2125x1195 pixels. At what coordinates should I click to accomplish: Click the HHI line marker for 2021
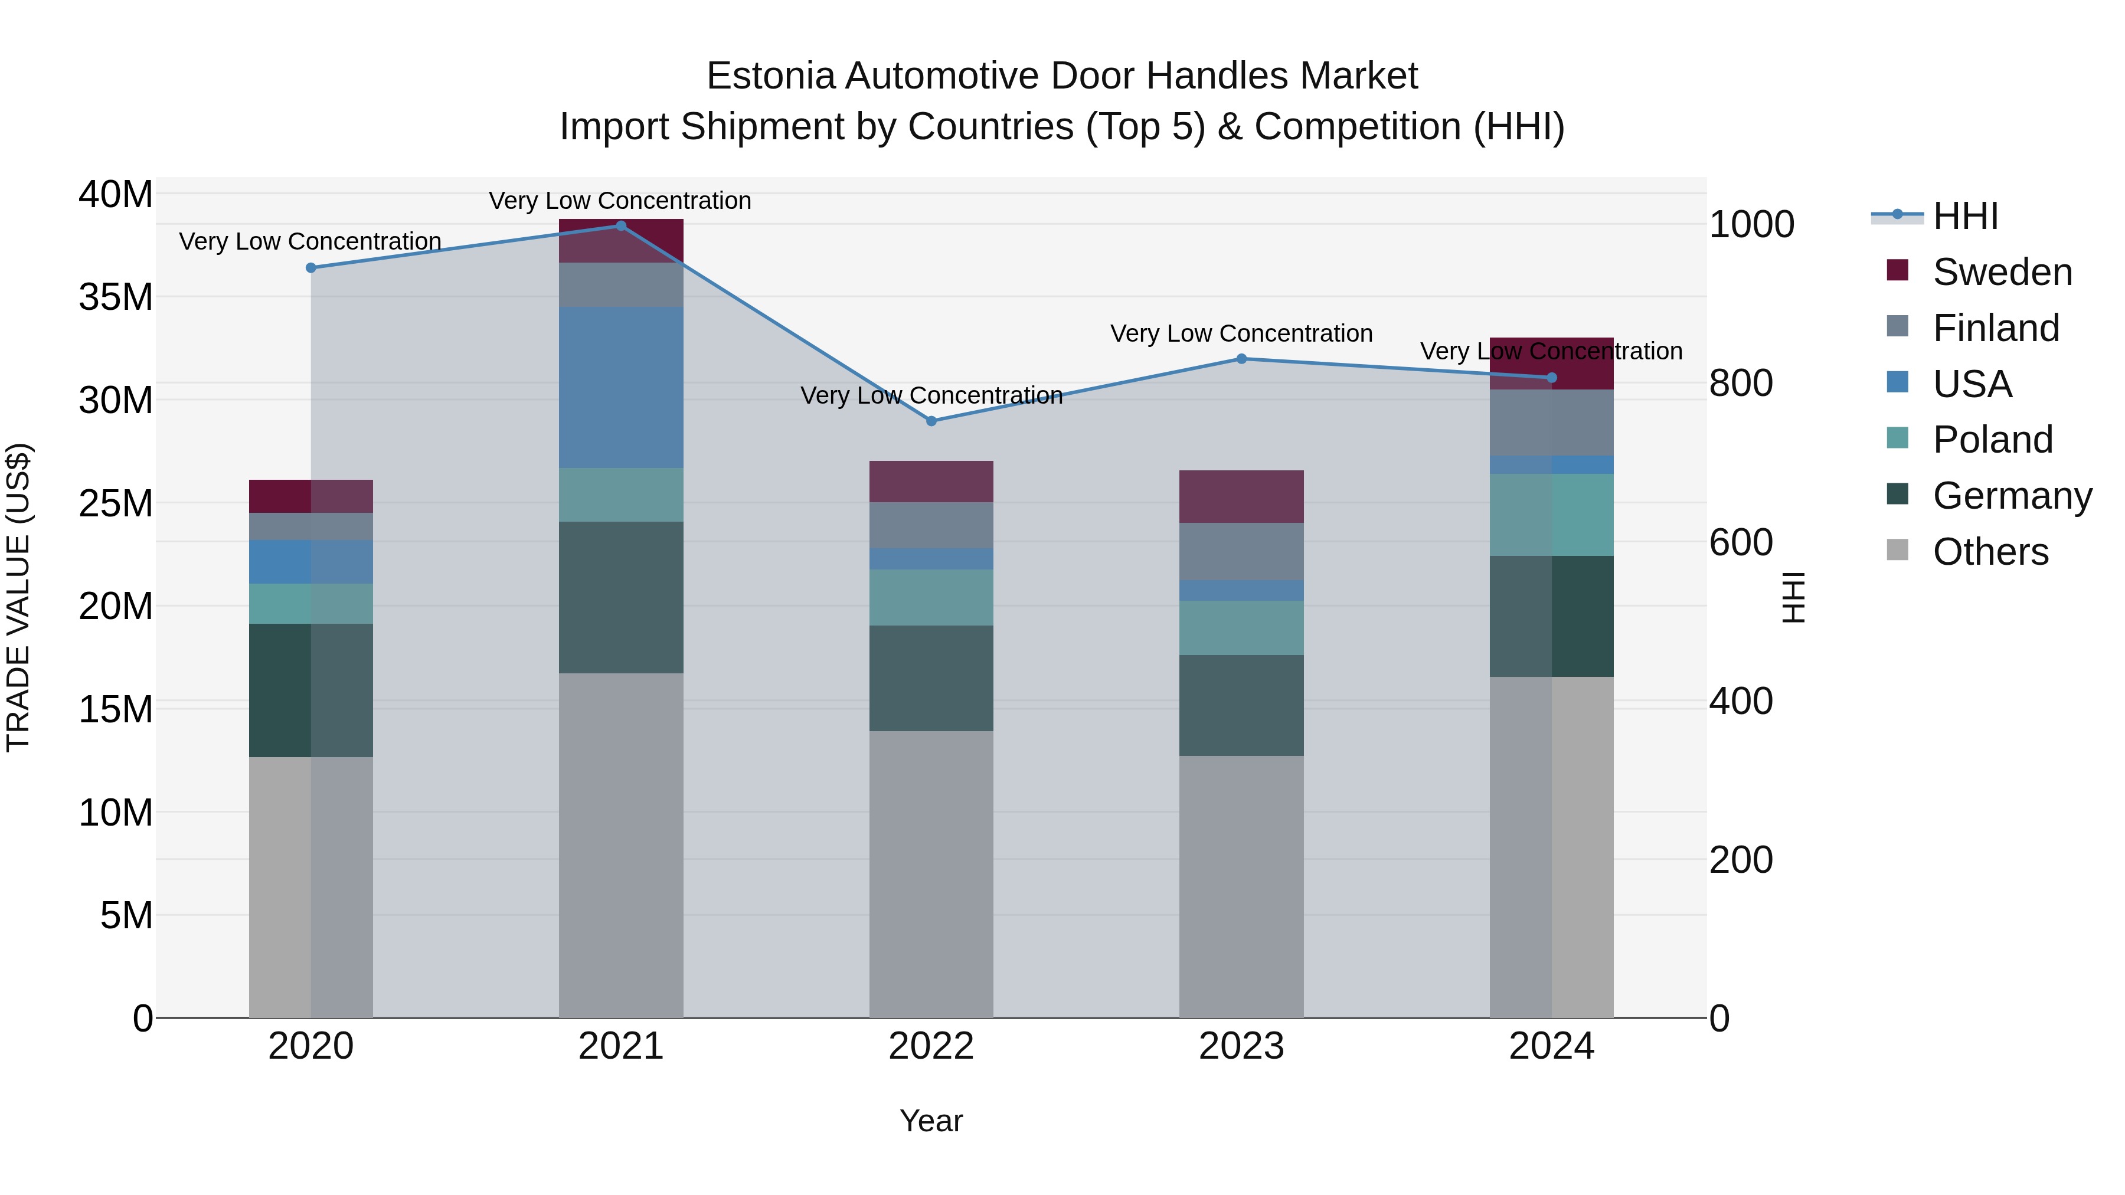621,226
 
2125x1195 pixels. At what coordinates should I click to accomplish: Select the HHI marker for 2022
931,421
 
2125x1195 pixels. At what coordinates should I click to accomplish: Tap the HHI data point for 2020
311,268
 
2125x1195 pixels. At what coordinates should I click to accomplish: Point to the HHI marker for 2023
1241,359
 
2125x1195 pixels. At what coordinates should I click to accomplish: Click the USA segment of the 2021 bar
621,388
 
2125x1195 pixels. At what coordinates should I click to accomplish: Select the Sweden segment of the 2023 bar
1241,496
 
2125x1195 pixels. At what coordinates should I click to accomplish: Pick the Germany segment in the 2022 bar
931,678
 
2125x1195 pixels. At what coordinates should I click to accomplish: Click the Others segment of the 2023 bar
1241,886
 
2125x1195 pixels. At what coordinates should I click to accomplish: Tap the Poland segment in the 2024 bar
1552,515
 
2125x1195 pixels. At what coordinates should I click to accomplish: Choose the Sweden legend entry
2002,272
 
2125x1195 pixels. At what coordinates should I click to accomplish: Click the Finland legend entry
1996,328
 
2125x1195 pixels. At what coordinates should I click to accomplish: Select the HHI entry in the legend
1965,216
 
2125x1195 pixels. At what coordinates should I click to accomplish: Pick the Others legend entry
1990,552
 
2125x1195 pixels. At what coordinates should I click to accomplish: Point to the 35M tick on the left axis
116,297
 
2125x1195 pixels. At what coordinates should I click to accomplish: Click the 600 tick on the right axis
1741,543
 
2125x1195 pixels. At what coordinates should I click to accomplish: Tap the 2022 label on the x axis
931,1046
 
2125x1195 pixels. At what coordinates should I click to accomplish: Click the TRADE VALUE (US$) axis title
18,597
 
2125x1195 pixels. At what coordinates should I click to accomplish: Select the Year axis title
931,1121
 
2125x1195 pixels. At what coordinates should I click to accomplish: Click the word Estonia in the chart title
770,76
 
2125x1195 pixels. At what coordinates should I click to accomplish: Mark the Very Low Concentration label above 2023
1241,334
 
